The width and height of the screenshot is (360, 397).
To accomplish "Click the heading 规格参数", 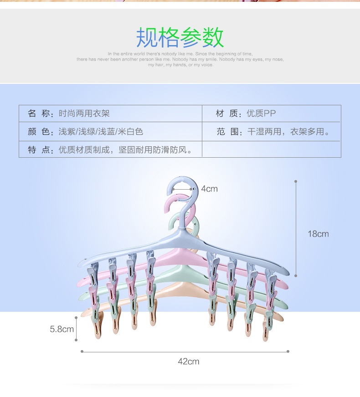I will (x=180, y=37).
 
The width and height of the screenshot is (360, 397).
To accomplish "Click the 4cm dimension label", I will (x=209, y=189).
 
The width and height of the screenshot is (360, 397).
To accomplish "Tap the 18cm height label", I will (x=318, y=234).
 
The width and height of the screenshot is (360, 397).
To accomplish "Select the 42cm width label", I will (x=188, y=361).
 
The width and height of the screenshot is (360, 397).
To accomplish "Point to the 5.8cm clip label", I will (x=62, y=328).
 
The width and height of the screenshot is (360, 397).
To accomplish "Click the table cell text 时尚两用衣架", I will (x=84, y=113).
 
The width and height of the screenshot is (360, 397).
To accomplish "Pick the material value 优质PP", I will (x=261, y=113).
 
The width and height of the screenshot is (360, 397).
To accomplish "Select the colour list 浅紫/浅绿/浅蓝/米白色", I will (x=101, y=132).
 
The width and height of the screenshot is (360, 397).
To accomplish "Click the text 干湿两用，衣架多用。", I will (x=288, y=132).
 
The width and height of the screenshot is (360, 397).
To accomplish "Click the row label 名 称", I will (x=38, y=113).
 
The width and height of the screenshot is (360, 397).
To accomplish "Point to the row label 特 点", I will (x=38, y=150).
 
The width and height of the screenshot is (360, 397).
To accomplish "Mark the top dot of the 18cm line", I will (x=296, y=181).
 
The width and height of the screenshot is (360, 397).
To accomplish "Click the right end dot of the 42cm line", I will (x=288, y=351).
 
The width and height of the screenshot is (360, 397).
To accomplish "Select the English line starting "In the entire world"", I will (x=180, y=54).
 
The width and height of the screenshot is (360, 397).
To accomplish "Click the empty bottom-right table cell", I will (x=271, y=150).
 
